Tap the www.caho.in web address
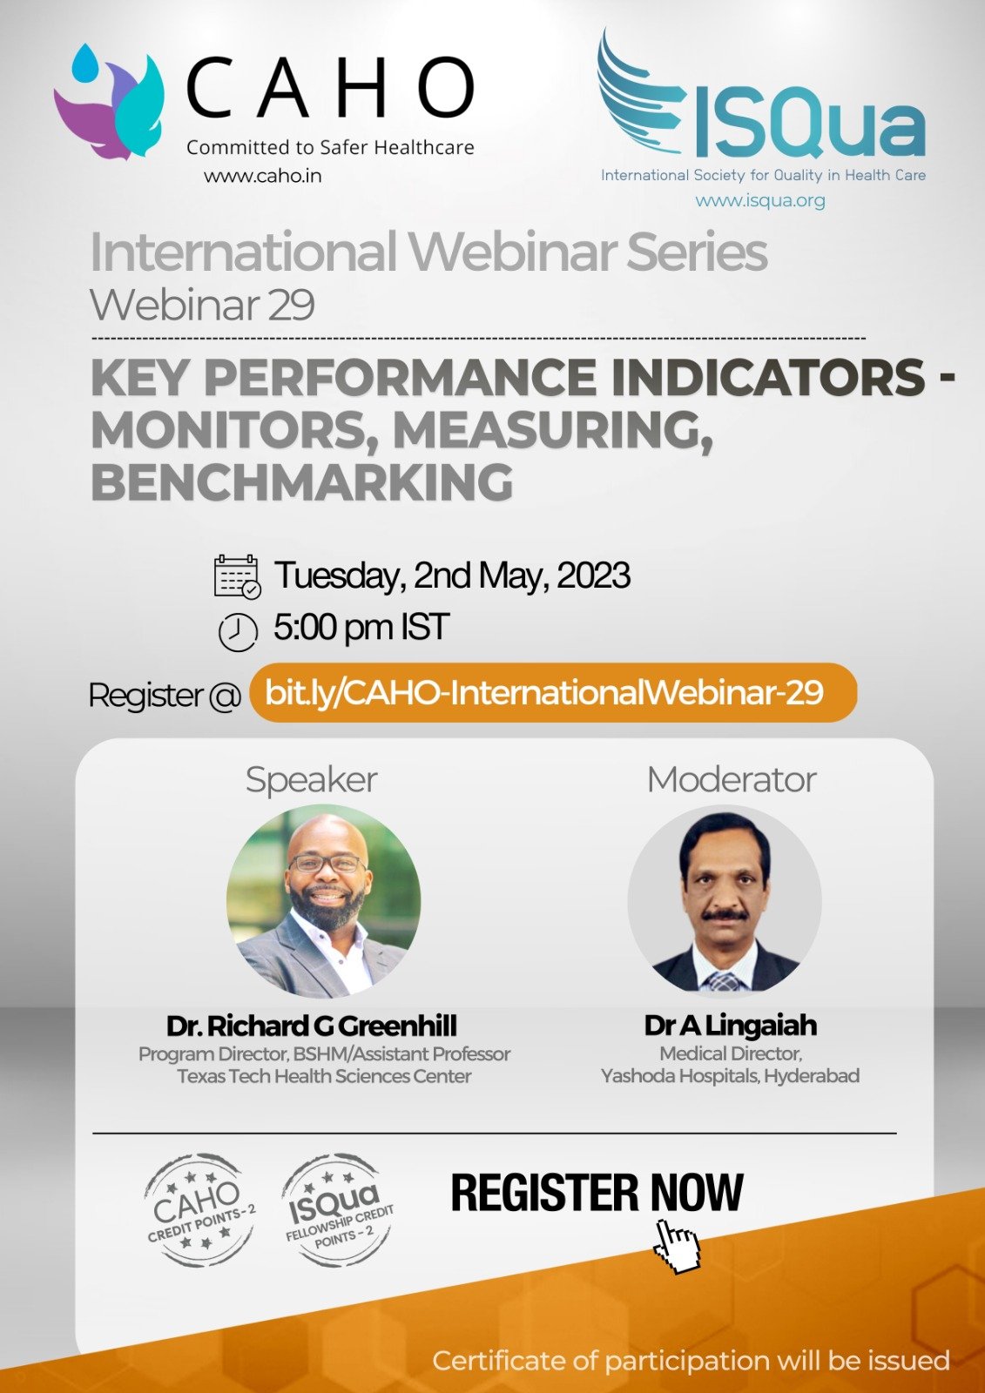click(263, 176)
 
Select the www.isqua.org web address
click(759, 201)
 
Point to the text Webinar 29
click(203, 306)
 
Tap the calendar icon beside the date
click(237, 576)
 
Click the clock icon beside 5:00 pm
click(238, 632)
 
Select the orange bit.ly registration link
click(552, 692)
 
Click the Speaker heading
click(311, 780)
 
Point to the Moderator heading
click(731, 779)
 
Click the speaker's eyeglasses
click(327, 863)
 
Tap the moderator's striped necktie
click(724, 980)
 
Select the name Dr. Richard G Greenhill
click(311, 1026)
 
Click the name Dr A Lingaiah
click(731, 1026)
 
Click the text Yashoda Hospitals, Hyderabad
click(730, 1075)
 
